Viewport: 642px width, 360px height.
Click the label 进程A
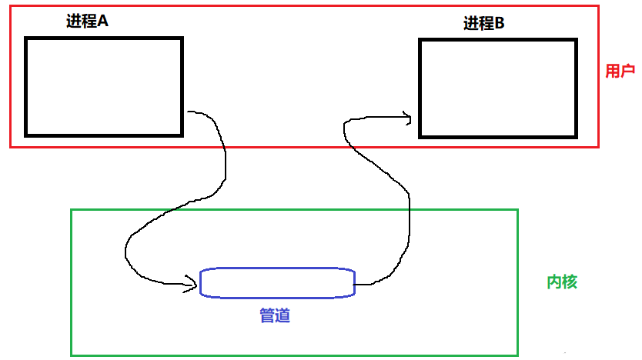point(87,21)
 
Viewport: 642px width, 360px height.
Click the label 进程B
point(483,23)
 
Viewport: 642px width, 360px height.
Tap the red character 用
point(613,71)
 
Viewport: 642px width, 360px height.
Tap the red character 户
point(627,71)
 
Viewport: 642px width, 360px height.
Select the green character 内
point(554,282)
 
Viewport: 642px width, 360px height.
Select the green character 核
point(570,282)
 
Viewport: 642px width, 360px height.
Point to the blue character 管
point(267,315)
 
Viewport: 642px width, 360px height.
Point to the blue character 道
point(283,315)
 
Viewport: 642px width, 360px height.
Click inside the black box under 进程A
point(104,87)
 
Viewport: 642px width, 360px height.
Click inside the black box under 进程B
point(498,88)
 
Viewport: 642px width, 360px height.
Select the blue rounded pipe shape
point(277,268)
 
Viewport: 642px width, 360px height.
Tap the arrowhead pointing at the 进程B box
point(408,118)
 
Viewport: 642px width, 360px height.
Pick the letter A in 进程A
point(103,21)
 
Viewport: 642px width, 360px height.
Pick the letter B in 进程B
point(500,23)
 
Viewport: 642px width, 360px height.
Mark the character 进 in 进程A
point(74,21)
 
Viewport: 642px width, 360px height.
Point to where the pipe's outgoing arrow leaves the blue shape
point(355,285)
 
